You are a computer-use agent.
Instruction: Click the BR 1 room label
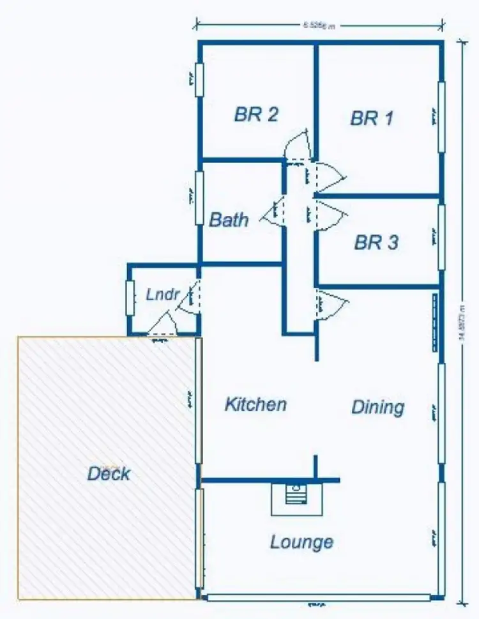click(x=371, y=118)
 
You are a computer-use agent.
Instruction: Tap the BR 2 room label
click(x=256, y=115)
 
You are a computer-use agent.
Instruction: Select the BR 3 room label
click(x=376, y=243)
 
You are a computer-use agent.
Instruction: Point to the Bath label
click(x=229, y=220)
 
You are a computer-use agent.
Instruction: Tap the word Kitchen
click(x=255, y=404)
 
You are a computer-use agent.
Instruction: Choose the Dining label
click(x=378, y=407)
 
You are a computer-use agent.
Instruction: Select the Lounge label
click(x=301, y=542)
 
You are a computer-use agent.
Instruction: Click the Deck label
click(x=109, y=474)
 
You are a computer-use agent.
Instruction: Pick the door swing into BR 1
click(x=331, y=176)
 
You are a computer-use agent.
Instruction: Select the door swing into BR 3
click(x=331, y=213)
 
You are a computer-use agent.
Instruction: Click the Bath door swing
click(x=272, y=213)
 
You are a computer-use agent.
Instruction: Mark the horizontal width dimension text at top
click(x=319, y=26)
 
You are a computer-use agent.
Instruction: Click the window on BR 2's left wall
click(x=199, y=79)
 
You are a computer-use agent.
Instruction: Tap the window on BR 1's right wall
click(x=441, y=118)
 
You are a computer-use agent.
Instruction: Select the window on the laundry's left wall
click(x=130, y=297)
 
